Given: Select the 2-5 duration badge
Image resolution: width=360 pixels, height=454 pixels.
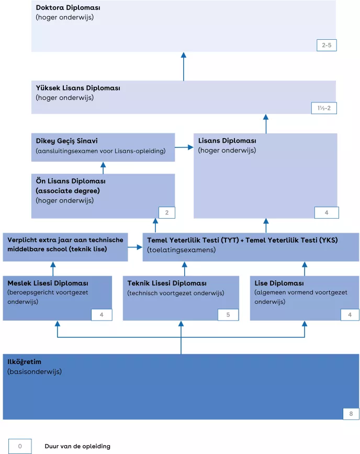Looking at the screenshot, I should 327,46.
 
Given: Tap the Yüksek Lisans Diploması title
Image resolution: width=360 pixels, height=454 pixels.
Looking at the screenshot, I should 78,88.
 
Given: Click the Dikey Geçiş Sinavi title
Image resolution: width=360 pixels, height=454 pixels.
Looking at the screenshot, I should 66,141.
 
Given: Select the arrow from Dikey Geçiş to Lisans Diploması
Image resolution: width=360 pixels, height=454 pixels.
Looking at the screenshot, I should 184,147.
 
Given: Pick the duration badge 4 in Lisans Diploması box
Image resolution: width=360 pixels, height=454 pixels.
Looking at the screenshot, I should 327,212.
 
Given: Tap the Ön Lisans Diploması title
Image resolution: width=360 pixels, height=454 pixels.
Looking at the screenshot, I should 71,181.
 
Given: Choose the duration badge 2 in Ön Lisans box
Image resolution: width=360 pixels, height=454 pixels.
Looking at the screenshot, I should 166,212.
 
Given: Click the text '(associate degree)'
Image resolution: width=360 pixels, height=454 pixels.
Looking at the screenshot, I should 67,190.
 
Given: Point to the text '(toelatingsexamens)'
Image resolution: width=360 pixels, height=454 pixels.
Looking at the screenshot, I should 181,250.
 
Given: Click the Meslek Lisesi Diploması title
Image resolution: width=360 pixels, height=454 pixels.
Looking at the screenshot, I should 48,283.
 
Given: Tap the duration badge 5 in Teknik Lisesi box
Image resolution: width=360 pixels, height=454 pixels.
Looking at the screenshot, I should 228,315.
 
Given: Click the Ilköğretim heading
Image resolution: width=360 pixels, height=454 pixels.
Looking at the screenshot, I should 24,361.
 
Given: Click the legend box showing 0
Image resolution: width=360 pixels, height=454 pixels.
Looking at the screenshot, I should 20,446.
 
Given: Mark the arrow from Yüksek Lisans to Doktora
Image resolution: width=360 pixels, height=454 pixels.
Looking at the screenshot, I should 184,66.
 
